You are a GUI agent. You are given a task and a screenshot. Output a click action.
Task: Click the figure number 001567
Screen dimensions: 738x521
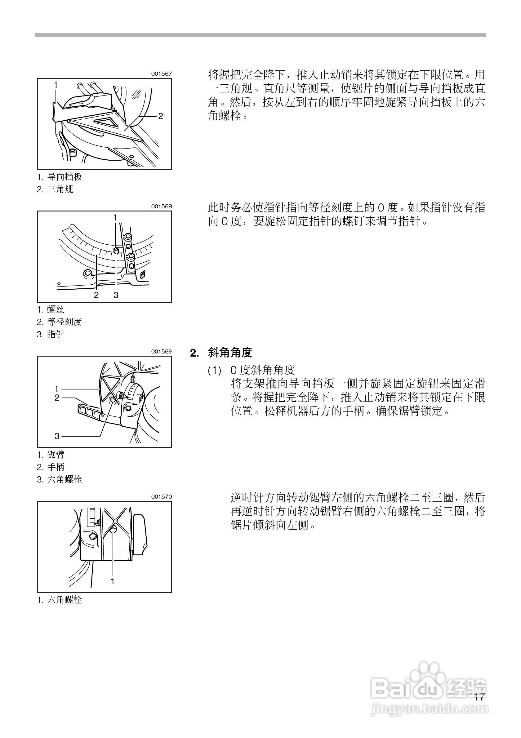pyautogui.click(x=161, y=73)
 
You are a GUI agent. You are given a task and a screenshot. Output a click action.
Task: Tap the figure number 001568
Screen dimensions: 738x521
pyautogui.click(x=161, y=206)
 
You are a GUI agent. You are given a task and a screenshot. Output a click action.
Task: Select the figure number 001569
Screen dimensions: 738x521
pyautogui.click(x=161, y=351)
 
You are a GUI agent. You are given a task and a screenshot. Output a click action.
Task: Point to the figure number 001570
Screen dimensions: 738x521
pyautogui.click(x=161, y=497)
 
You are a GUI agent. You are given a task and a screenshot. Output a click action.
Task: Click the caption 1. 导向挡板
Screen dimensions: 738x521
pyautogui.click(x=60, y=177)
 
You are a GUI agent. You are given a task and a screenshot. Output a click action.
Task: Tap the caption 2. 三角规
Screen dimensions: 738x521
pyautogui.click(x=55, y=189)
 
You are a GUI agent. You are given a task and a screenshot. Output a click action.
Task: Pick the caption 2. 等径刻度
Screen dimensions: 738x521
pyautogui.click(x=60, y=322)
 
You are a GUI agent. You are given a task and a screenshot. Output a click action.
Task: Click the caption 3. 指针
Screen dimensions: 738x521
pyautogui.click(x=51, y=334)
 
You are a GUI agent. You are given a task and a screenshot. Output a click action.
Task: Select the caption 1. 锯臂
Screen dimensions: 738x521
pyautogui.click(x=51, y=455)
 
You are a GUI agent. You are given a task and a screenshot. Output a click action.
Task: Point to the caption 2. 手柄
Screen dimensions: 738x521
pyautogui.click(x=51, y=467)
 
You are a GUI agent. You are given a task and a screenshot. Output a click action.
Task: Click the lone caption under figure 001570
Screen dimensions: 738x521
pyautogui.click(x=60, y=600)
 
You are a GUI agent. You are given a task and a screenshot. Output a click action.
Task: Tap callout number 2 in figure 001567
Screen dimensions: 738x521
pyautogui.click(x=160, y=116)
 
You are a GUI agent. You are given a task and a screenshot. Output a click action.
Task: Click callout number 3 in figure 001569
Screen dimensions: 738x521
pyautogui.click(x=57, y=436)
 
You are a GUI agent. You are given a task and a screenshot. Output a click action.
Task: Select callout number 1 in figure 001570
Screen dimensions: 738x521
pyautogui.click(x=113, y=581)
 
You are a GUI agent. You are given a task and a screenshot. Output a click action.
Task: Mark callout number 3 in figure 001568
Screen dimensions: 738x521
pyautogui.click(x=116, y=295)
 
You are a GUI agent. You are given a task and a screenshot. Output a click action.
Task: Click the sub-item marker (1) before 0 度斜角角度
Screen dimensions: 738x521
pyautogui.click(x=214, y=371)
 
